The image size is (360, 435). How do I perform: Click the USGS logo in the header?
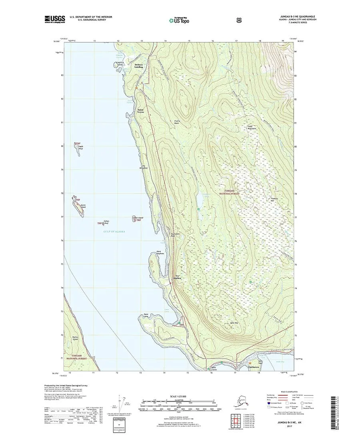[x=54, y=18]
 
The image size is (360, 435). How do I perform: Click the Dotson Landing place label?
[x=139, y=66]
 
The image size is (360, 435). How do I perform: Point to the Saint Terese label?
[x=141, y=112]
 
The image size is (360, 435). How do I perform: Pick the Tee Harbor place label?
[x=178, y=277]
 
